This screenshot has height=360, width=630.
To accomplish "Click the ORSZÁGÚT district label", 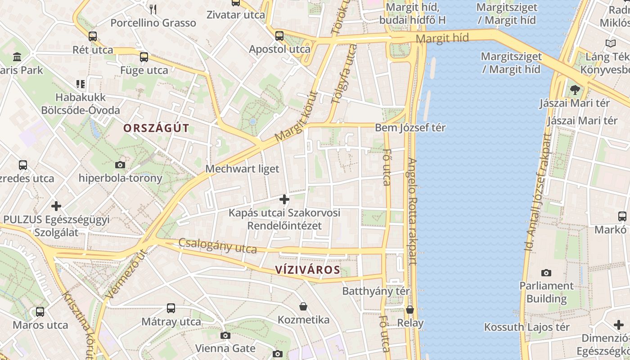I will coord(156,128).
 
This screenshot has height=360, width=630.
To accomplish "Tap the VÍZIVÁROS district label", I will coord(307,270).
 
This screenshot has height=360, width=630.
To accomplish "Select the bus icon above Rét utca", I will coord(92,36).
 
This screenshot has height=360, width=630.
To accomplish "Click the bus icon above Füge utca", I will coord(144,57).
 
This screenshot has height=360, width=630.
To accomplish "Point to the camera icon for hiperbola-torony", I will coord(120,165).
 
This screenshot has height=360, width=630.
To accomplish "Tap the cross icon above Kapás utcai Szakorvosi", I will coord(284,199).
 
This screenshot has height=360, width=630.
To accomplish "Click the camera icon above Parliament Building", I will coord(546,273).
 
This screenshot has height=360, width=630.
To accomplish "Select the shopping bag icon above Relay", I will coord(410,310).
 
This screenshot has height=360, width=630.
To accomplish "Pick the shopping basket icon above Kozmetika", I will coord(304,306).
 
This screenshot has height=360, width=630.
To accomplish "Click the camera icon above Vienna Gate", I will coord(225,335).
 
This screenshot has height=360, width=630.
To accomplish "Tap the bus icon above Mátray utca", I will coord(171,308).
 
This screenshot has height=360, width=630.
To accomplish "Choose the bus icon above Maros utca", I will coord(40,311).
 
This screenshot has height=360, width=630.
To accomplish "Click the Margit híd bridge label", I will coord(442,38).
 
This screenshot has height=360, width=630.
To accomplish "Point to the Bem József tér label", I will coord(410,128).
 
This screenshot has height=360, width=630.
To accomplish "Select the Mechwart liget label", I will coord(242,169).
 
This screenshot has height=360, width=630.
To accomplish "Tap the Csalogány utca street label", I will coord(218,246).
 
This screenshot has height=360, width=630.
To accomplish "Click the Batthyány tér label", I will coord(376,291).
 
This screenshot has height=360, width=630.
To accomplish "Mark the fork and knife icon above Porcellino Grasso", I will coord(153,9).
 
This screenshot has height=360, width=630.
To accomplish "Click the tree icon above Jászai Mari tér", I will coord(575,90).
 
